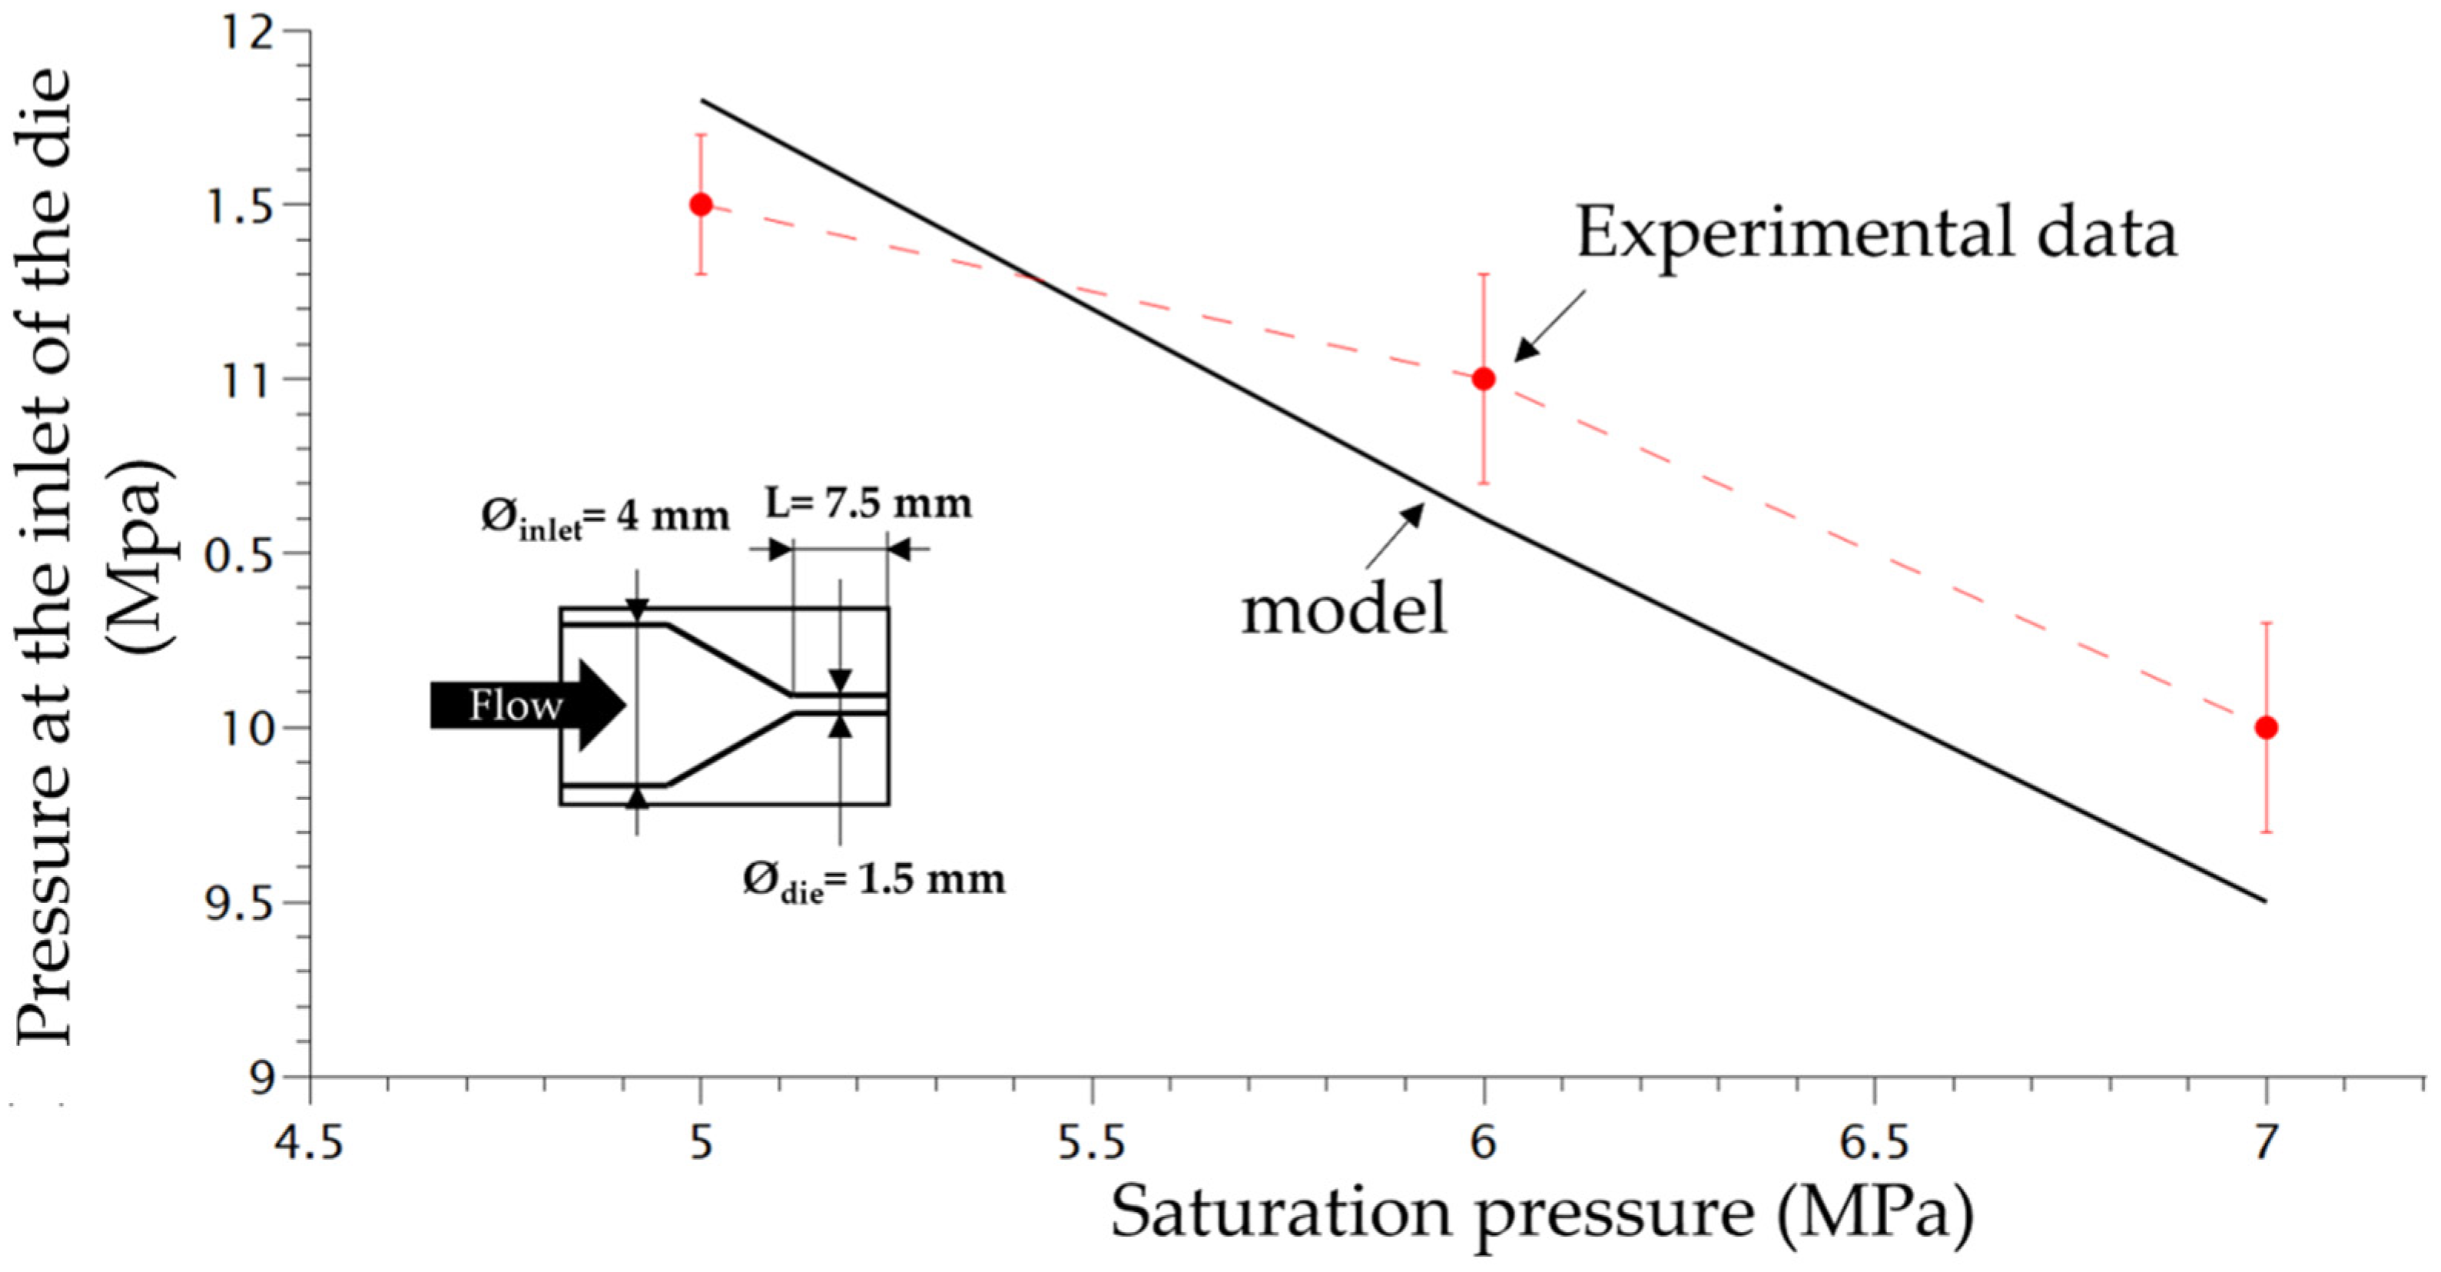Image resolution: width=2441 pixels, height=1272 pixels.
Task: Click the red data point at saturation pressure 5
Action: [700, 204]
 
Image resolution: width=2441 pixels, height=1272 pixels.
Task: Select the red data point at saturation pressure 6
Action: [1484, 379]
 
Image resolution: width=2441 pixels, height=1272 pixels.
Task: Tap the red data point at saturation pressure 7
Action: [2266, 728]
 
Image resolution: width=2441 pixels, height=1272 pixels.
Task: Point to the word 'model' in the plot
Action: [1345, 609]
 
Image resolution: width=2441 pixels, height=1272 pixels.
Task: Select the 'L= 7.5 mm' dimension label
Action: [869, 503]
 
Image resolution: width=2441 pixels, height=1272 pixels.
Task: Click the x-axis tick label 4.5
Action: [309, 1144]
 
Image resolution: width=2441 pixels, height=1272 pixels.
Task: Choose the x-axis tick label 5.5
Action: [1092, 1144]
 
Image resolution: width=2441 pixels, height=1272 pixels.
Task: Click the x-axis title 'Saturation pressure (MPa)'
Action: [1542, 1214]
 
